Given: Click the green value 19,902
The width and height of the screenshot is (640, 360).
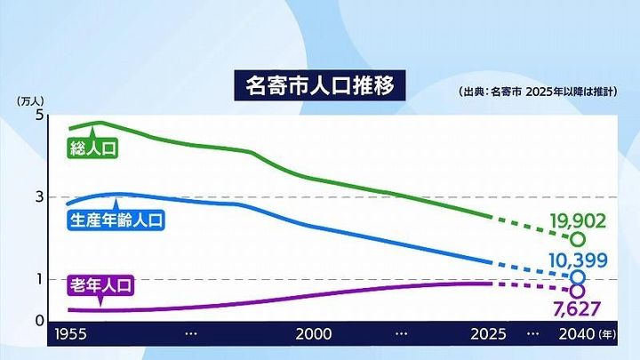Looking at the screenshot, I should [x=579, y=220].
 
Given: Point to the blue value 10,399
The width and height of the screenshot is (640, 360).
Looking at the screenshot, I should [x=578, y=260].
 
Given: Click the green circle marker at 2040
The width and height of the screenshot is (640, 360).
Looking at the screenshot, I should [x=579, y=239].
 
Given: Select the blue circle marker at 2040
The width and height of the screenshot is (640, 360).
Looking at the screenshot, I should [x=579, y=276].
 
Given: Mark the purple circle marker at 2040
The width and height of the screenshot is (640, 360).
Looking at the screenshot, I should [x=579, y=291].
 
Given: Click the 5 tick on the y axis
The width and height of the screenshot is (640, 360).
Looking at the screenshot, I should [x=39, y=116].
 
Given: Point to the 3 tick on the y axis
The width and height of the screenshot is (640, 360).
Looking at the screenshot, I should [x=39, y=196].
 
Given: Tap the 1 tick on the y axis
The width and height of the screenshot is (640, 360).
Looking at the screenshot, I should [x=39, y=279].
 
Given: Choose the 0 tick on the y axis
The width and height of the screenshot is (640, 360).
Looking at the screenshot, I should [x=39, y=319].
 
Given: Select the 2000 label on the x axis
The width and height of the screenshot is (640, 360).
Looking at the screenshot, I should [x=314, y=334].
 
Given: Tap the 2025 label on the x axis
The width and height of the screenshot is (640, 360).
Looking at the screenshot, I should [x=488, y=334].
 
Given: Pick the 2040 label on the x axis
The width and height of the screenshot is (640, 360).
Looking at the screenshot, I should [x=574, y=334].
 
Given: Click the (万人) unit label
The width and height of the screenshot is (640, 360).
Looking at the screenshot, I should [x=31, y=100].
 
